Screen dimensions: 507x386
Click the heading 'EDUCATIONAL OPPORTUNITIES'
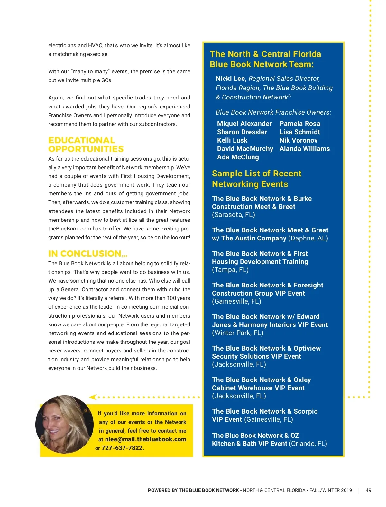click(86, 145)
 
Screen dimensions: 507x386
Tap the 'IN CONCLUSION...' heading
click(87, 254)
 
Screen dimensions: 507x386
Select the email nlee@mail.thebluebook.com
click(145, 439)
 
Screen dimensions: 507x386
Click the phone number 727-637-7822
click(122, 448)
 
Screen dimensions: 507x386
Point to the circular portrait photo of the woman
click(64, 424)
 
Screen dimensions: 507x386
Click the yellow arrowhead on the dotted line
click(93, 397)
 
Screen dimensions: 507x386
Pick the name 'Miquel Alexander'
click(244, 124)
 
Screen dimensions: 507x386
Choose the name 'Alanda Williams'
click(305, 149)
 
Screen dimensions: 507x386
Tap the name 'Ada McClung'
click(238, 157)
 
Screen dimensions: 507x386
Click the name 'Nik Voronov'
click(299, 140)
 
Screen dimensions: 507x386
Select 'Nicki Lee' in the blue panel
click(231, 79)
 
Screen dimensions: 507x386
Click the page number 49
click(368, 490)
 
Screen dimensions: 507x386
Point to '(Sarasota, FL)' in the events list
click(233, 215)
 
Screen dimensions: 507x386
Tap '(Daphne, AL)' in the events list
click(308, 238)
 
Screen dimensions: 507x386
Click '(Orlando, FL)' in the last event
click(308, 444)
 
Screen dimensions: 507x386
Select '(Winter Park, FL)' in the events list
click(237, 333)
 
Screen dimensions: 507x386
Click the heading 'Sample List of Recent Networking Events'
click(256, 179)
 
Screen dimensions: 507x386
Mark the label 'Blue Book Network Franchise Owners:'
click(273, 112)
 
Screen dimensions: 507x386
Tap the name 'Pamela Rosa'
click(300, 124)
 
